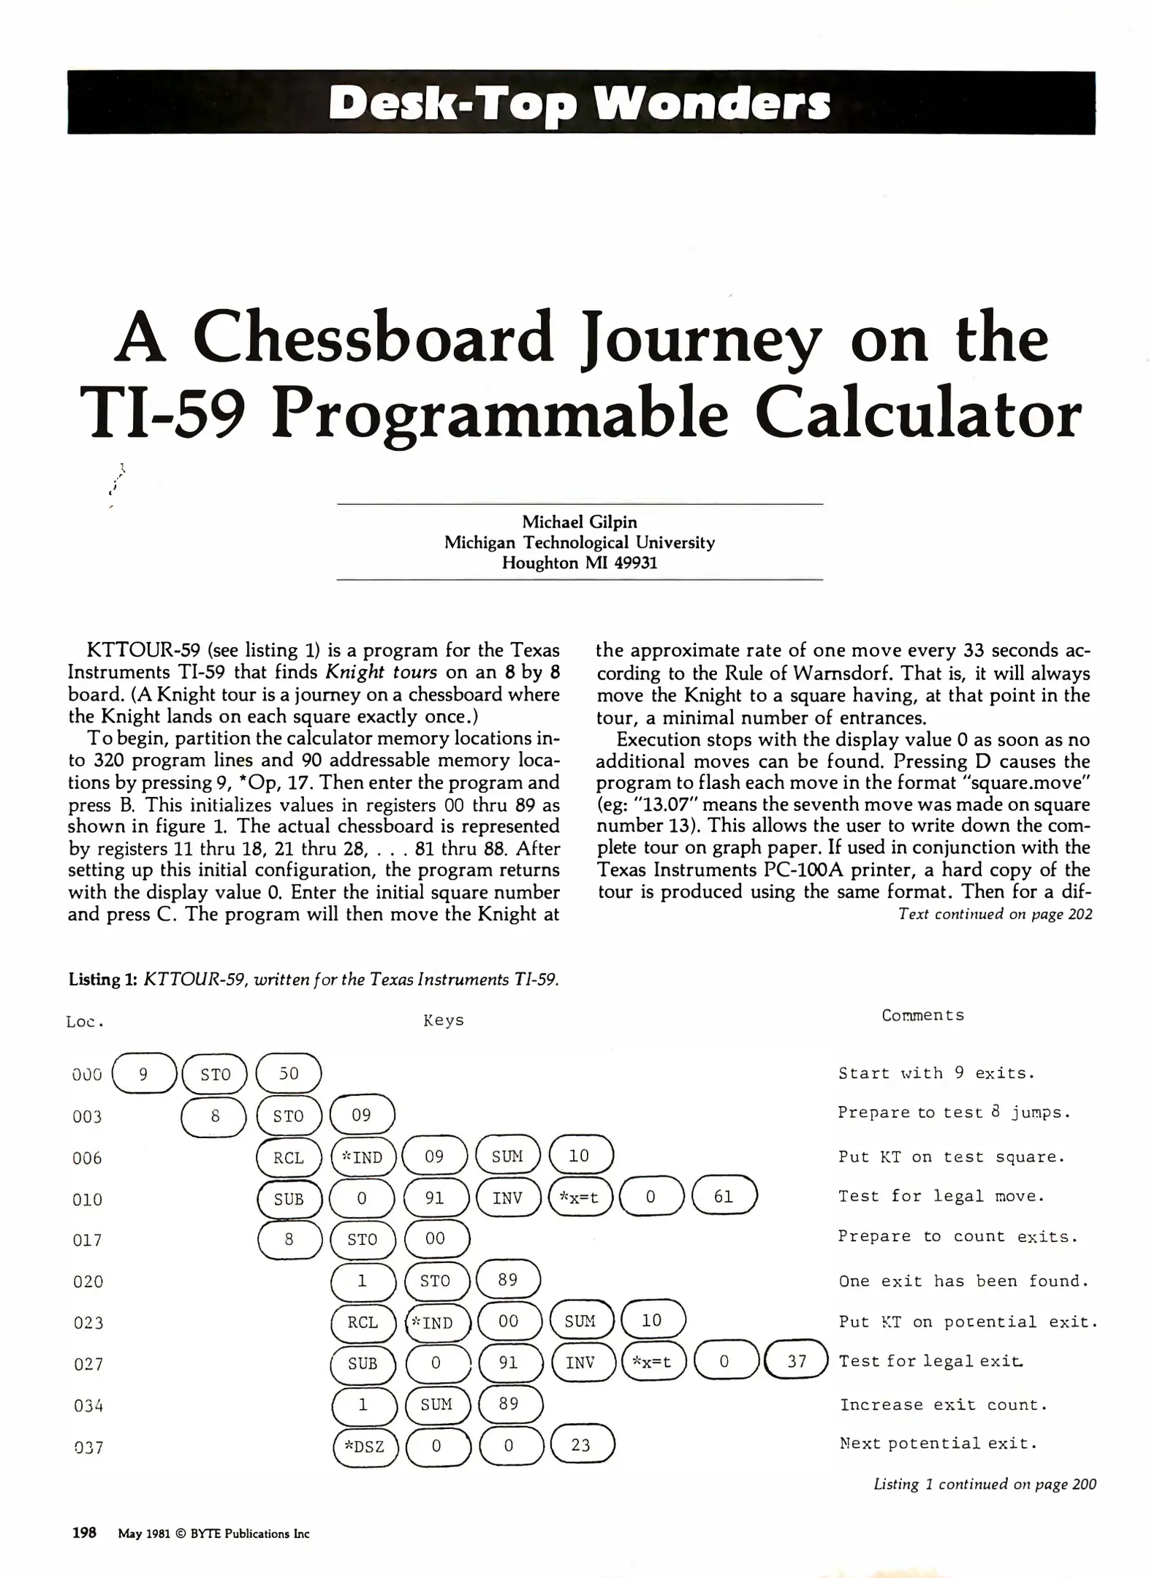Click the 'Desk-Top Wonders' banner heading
click(580, 103)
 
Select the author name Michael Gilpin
click(579, 522)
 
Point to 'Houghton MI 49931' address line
click(579, 563)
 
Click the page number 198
click(84, 1533)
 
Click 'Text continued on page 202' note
click(995, 914)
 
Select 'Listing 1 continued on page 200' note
click(985, 1484)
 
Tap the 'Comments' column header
click(922, 1015)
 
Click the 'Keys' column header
click(444, 1020)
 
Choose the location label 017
click(88, 1240)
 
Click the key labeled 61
click(724, 1197)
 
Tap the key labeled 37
click(797, 1361)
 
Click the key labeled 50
click(289, 1073)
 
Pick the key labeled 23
click(581, 1445)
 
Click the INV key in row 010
click(507, 1198)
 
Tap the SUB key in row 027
click(363, 1363)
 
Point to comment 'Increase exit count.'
click(944, 1405)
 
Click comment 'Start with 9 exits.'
click(936, 1073)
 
